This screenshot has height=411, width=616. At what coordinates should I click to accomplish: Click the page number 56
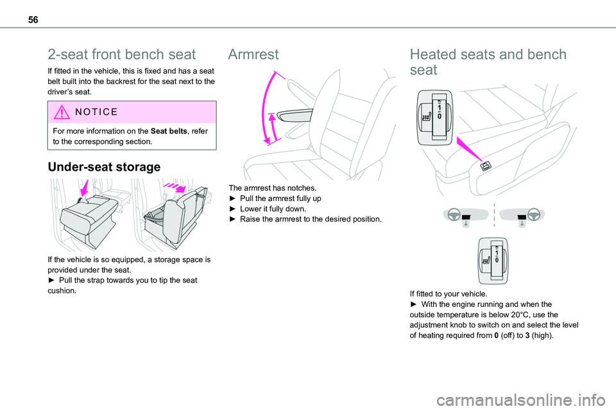[33, 20]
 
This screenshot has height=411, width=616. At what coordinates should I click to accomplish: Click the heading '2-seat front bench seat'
[121, 55]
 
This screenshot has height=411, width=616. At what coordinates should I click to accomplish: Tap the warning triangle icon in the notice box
[62, 112]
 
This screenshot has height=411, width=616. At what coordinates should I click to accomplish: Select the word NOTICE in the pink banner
[96, 112]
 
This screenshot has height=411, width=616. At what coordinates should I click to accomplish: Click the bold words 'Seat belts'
[169, 131]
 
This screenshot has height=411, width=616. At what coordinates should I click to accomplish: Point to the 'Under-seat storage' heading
[104, 167]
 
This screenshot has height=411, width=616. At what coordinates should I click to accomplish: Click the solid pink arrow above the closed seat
[85, 188]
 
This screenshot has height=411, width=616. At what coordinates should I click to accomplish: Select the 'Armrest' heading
[253, 55]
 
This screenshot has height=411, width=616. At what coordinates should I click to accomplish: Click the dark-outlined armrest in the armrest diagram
[295, 115]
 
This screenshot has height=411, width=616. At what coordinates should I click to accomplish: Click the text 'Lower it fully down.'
[273, 209]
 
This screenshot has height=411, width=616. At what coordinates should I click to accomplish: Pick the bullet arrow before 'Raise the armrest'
[232, 219]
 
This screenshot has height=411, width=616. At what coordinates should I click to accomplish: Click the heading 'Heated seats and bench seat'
[488, 62]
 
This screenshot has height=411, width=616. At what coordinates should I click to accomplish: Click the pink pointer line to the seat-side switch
[469, 149]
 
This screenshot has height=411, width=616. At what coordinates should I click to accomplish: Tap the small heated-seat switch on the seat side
[486, 166]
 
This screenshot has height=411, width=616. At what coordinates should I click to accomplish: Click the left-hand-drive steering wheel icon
[454, 214]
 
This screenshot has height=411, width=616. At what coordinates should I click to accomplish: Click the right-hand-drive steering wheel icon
[533, 214]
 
